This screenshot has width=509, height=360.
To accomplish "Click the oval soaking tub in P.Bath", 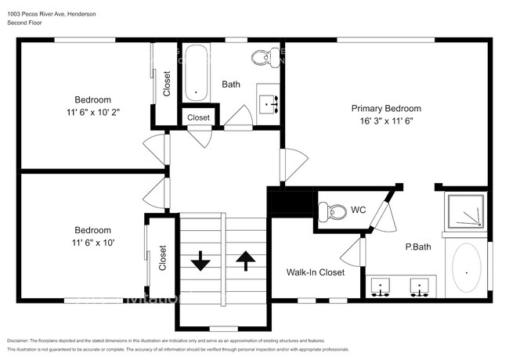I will click(x=467, y=271).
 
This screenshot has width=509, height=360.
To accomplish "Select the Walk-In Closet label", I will click(x=315, y=272).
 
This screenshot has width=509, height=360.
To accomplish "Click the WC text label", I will click(x=359, y=210).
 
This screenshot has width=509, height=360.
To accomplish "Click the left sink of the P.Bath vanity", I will click(x=382, y=288).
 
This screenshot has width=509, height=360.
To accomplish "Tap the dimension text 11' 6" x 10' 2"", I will click(x=92, y=112).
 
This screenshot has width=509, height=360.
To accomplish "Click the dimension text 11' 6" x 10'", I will click(x=92, y=243).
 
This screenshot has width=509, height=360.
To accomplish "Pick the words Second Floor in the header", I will click(x=27, y=23).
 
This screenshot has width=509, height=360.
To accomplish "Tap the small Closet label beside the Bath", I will click(x=198, y=117).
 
